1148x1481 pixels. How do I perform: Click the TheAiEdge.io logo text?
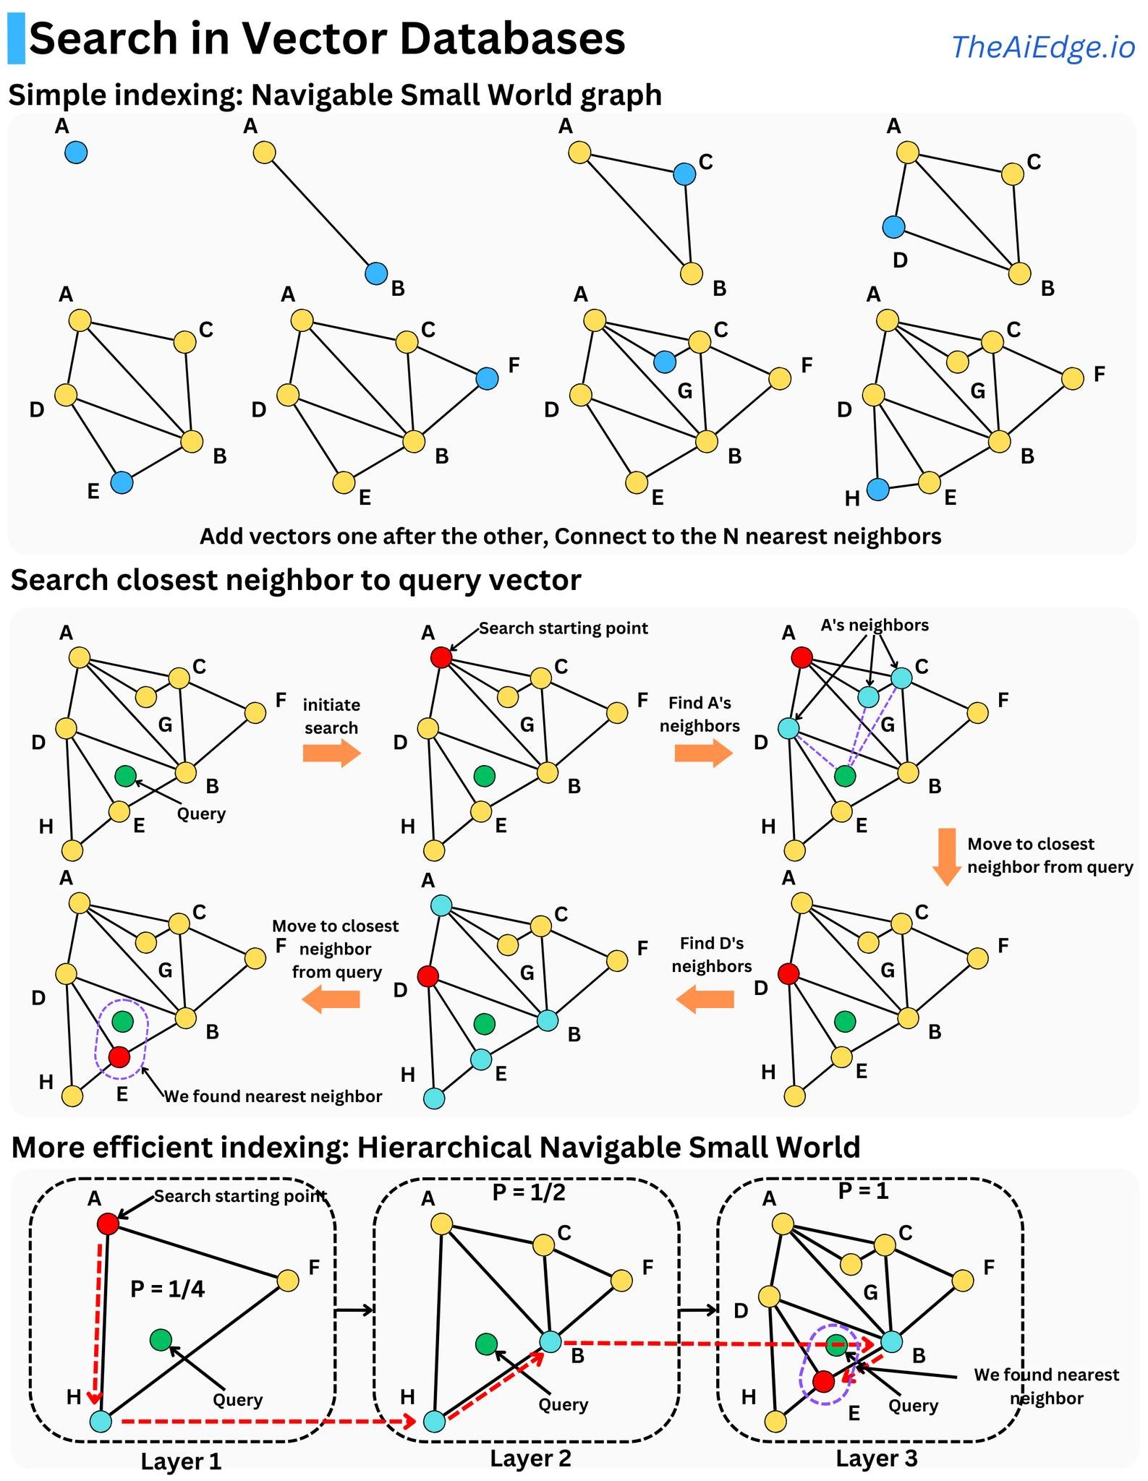1042,47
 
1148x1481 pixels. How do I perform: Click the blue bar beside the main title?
16,38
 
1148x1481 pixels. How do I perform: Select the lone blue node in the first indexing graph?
76,153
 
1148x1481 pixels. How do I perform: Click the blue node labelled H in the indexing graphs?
877,490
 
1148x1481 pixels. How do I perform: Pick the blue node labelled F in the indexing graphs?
488,378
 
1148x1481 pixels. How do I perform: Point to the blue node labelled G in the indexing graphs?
665,362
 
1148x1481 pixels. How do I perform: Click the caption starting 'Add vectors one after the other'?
570,537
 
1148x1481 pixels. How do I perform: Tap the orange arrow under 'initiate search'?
331,754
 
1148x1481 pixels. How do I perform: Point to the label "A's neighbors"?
875,626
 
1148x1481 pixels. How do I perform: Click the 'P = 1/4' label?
167,1289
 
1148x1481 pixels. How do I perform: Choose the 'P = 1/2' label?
529,1192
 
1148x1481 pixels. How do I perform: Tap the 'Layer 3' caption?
876,1458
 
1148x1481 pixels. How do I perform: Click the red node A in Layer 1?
108,1224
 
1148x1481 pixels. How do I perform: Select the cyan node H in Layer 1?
101,1421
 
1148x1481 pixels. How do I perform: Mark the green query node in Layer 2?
486,1344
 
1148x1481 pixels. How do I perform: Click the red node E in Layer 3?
823,1381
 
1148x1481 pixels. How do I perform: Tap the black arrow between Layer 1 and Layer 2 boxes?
354,1310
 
